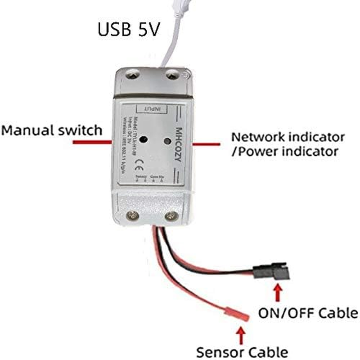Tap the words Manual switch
52,130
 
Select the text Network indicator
288,136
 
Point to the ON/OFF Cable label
308,313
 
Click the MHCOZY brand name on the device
177,144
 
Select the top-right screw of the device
171,75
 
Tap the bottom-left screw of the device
132,216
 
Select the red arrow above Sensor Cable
242,335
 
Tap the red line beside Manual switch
92,142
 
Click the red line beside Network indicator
207,144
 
